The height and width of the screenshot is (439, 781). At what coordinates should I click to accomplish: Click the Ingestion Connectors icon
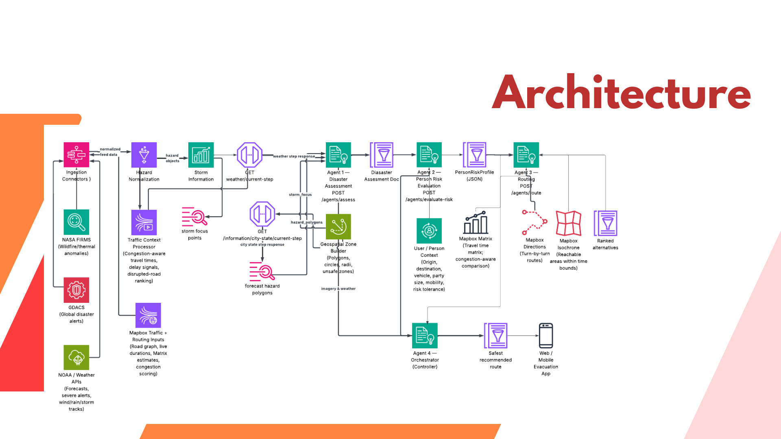[76, 155]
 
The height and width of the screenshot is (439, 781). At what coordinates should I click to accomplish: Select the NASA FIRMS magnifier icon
[76, 222]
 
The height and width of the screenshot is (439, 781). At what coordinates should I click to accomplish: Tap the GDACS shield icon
[76, 290]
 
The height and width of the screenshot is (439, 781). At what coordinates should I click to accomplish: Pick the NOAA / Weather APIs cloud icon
[76, 358]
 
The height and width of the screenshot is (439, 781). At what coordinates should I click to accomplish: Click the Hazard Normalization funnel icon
[144, 155]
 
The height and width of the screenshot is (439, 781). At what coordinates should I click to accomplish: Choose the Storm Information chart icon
[201, 155]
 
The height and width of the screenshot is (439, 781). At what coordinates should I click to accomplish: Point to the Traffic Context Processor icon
[144, 222]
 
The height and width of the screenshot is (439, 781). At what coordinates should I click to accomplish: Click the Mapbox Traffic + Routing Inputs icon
[148, 315]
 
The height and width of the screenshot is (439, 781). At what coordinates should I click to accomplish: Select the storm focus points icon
[194, 217]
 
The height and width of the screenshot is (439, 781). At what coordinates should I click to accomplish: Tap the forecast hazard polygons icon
[262, 272]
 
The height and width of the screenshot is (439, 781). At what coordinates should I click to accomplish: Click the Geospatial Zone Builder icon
[338, 227]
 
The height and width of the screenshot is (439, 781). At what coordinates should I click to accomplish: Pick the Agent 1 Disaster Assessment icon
[338, 155]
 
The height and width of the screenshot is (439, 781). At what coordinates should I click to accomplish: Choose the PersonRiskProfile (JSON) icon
[475, 155]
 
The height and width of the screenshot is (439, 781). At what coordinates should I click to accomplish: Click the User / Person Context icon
[429, 231]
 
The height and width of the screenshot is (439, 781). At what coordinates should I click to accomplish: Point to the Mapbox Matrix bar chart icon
[476, 222]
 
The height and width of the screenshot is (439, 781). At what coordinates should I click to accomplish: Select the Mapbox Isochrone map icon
[568, 223]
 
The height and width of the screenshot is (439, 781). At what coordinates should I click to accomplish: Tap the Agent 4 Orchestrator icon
[425, 336]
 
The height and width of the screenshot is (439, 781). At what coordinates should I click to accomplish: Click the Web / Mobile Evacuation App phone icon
[546, 336]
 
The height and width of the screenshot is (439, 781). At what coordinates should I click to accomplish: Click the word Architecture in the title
[621, 93]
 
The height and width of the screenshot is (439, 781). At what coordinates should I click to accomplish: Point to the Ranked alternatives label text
[605, 244]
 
